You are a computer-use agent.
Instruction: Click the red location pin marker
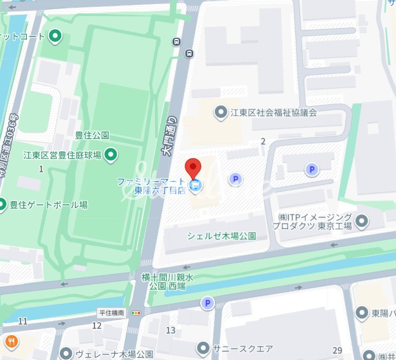[193, 166]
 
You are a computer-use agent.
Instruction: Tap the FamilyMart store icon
[196, 186]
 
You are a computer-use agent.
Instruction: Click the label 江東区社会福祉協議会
[273, 112]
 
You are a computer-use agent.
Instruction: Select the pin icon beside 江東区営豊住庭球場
[112, 155]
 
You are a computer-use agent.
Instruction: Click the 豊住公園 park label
[92, 135]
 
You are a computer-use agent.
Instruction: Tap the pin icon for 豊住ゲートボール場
[2, 204]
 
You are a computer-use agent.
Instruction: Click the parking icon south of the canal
[207, 303]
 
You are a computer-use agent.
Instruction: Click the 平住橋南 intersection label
[112, 313]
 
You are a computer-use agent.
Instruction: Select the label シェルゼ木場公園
[221, 236]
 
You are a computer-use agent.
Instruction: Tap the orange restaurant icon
[11, 342]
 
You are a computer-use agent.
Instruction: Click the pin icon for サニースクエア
[203, 348]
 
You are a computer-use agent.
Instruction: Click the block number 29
[337, 351]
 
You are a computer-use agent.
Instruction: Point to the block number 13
[170, 330]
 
